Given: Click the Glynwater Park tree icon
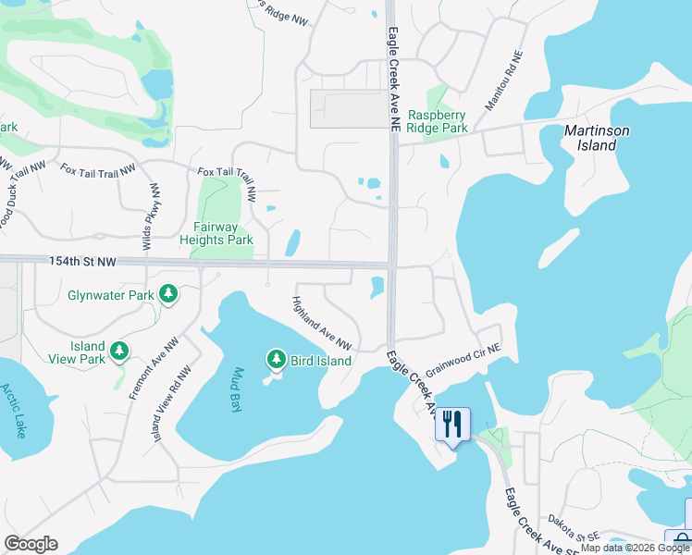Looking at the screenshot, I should [x=167, y=295].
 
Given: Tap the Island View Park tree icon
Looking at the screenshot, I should [x=118, y=351].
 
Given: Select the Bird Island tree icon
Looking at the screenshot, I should [x=275, y=359].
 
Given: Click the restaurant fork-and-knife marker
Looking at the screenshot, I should [x=452, y=425].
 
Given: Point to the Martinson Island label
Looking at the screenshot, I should [x=597, y=138].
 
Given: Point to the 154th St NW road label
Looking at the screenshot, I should [x=82, y=264].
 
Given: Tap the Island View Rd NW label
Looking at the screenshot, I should [x=173, y=402].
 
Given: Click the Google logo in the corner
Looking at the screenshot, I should [x=31, y=544].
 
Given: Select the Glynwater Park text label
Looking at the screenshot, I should [x=111, y=296].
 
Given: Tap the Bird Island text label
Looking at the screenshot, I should [x=321, y=361].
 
